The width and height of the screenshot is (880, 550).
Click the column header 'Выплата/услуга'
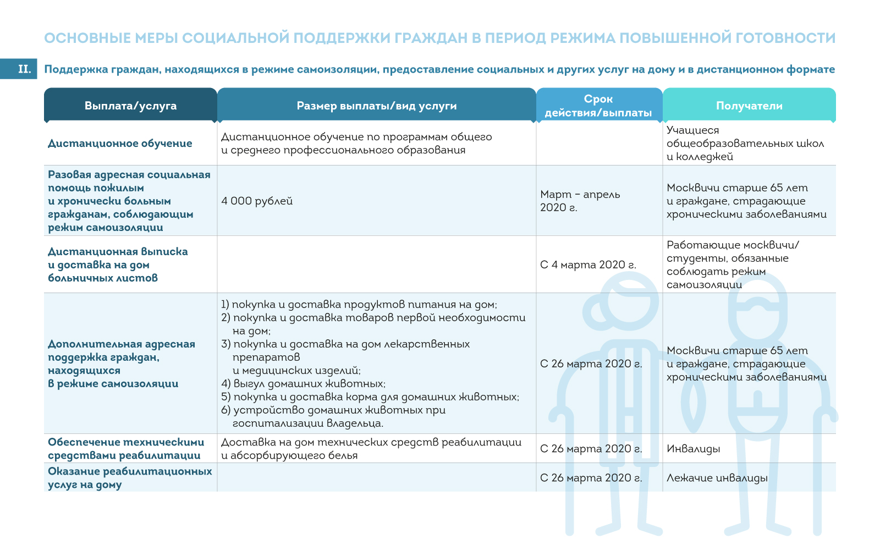[130, 106]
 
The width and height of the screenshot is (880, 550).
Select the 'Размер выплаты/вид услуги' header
[376, 106]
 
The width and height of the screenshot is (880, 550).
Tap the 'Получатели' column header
[749, 106]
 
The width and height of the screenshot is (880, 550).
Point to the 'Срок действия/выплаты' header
[598, 106]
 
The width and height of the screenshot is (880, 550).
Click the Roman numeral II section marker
[24, 69]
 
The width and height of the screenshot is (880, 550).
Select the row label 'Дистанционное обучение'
[120, 144]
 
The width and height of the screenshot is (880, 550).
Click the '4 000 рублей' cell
[257, 201]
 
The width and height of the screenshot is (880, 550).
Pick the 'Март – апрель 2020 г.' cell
[580, 201]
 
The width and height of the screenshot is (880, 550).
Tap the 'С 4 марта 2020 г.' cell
[588, 265]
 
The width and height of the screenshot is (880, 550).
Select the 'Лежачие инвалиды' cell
[717, 478]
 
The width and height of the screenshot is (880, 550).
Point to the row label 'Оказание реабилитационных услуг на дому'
[129, 478]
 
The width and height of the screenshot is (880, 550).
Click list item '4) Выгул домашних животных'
[303, 383]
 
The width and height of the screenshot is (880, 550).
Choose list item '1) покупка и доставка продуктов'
[359, 304]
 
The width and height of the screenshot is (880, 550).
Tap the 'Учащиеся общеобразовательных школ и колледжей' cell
[745, 144]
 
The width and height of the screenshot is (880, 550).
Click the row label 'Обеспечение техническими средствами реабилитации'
[125, 449]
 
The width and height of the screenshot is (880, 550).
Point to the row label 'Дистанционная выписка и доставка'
[118, 265]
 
